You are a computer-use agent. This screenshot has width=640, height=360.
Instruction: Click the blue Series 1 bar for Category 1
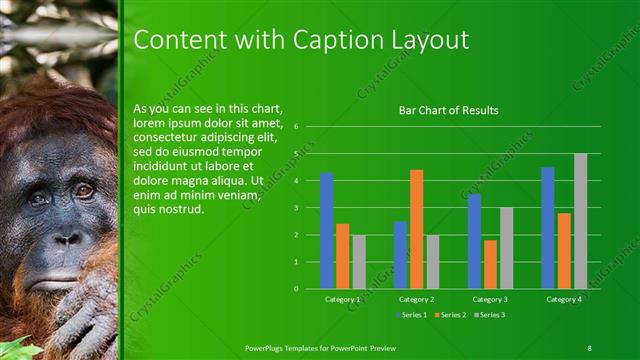(326, 231)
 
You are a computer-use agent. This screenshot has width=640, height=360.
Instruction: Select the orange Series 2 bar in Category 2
(416, 229)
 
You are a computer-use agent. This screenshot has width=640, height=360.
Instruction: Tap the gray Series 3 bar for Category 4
(580, 221)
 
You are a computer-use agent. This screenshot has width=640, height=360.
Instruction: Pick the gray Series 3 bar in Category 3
(506, 248)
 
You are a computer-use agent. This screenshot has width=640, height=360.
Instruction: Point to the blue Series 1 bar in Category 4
(548, 228)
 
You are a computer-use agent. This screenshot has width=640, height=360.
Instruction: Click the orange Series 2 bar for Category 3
(490, 264)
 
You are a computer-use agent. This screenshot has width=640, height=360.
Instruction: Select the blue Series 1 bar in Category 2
(400, 255)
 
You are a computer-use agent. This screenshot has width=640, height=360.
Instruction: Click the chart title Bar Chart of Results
(448, 110)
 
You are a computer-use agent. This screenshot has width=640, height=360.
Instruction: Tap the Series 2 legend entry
(449, 315)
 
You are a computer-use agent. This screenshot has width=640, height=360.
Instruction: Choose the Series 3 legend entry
(489, 315)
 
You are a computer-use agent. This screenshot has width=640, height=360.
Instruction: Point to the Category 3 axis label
(490, 298)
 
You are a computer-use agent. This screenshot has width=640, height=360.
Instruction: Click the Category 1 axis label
(342, 298)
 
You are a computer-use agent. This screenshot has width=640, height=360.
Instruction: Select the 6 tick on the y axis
(296, 127)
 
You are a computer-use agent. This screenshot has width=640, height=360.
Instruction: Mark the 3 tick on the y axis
(296, 208)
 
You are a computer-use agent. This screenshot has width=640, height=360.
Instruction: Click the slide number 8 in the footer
(589, 347)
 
